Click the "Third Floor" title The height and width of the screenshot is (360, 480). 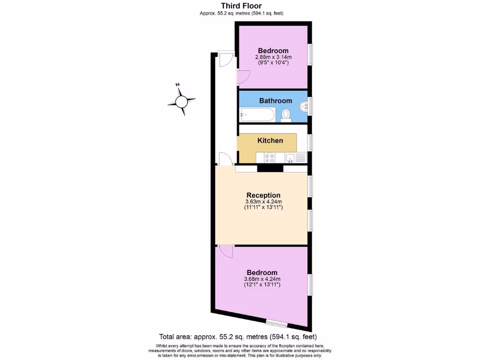click(241, 6)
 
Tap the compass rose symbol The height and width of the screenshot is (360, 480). click(181, 100)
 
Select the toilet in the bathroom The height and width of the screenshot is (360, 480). click(286, 115)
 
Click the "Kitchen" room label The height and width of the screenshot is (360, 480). click(270, 141)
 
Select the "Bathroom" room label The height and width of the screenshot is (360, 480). click(276, 101)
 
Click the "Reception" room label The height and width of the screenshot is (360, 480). click(263, 195)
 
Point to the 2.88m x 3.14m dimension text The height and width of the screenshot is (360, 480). click(273, 57)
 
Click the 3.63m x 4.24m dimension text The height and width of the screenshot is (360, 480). click(263, 202)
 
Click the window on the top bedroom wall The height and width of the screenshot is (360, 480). click(310, 56)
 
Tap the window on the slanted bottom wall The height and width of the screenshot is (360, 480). click(276, 322)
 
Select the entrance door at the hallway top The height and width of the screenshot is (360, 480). click(225, 59)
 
